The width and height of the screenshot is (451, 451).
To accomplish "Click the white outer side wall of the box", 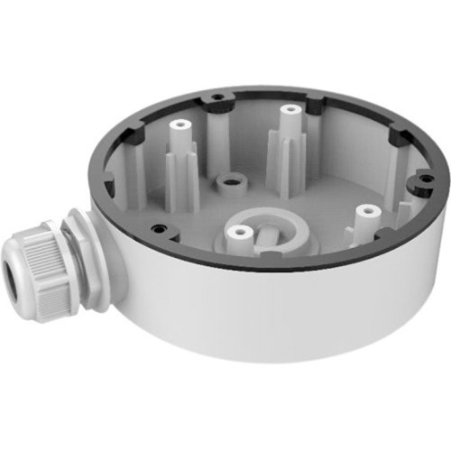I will tap(271, 316).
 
